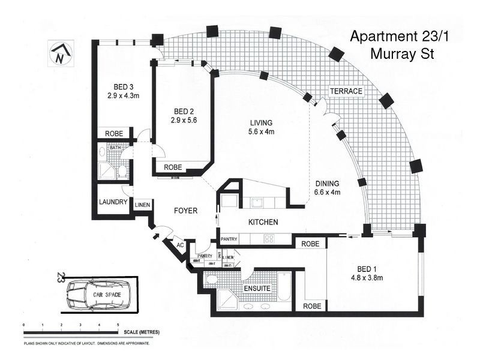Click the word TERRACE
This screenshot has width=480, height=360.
pos(346,91)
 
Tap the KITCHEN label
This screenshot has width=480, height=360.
pos(263,222)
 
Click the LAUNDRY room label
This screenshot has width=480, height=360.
pos(114,202)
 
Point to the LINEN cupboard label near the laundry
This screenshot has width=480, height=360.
pos(142,205)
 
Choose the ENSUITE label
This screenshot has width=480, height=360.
pos(257,289)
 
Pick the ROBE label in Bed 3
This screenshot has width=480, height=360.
pos(114,133)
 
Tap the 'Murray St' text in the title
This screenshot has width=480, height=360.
pos(402,54)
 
